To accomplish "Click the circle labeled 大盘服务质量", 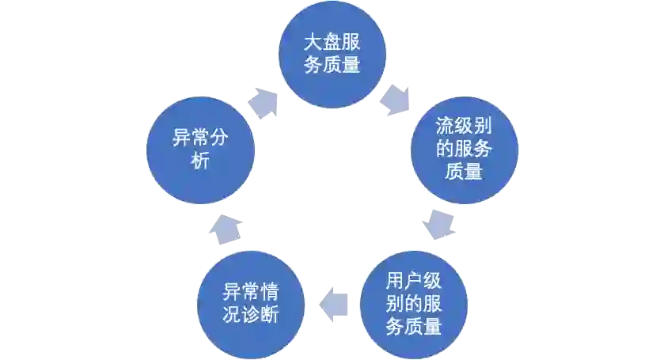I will click(x=332, y=54).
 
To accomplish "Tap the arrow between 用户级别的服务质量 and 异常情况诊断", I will click(x=332, y=302).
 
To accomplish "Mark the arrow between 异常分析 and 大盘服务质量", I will click(x=264, y=102).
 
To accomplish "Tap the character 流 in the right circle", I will click(x=445, y=127).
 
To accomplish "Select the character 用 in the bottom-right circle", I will click(x=395, y=282).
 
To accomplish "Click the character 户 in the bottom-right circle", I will click(x=414, y=282).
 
